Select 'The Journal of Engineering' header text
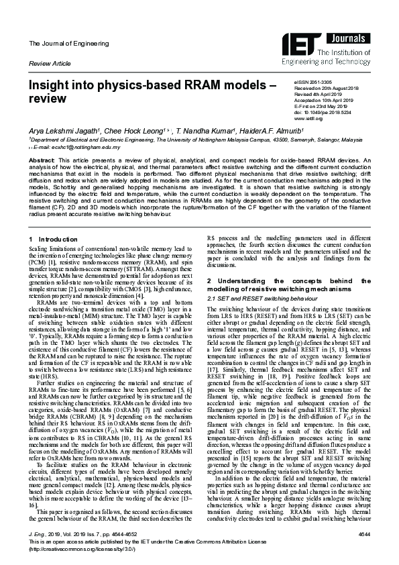coord(59,44)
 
